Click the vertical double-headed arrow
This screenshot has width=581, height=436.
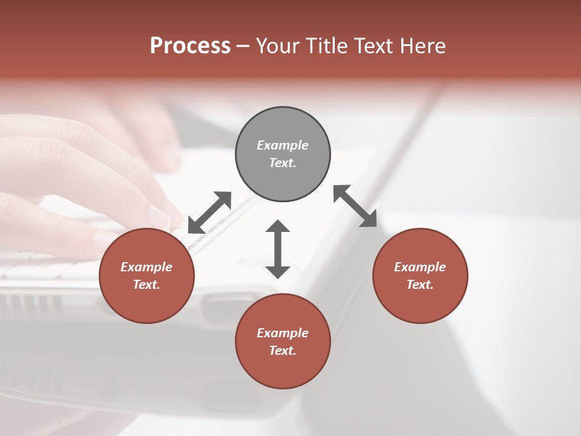click(278, 249)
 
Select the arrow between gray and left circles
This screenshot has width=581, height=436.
click(209, 212)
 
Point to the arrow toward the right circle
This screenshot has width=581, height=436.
click(355, 206)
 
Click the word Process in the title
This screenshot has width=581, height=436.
click(190, 45)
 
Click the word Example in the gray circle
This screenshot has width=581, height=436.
click(283, 145)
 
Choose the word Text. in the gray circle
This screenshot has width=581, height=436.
click(283, 163)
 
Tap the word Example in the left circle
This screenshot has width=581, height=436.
click(146, 267)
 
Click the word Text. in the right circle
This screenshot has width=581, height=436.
click(420, 285)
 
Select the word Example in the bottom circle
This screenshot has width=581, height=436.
click(283, 333)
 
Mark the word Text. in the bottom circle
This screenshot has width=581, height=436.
click(283, 351)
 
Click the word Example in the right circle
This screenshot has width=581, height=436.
click(420, 267)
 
